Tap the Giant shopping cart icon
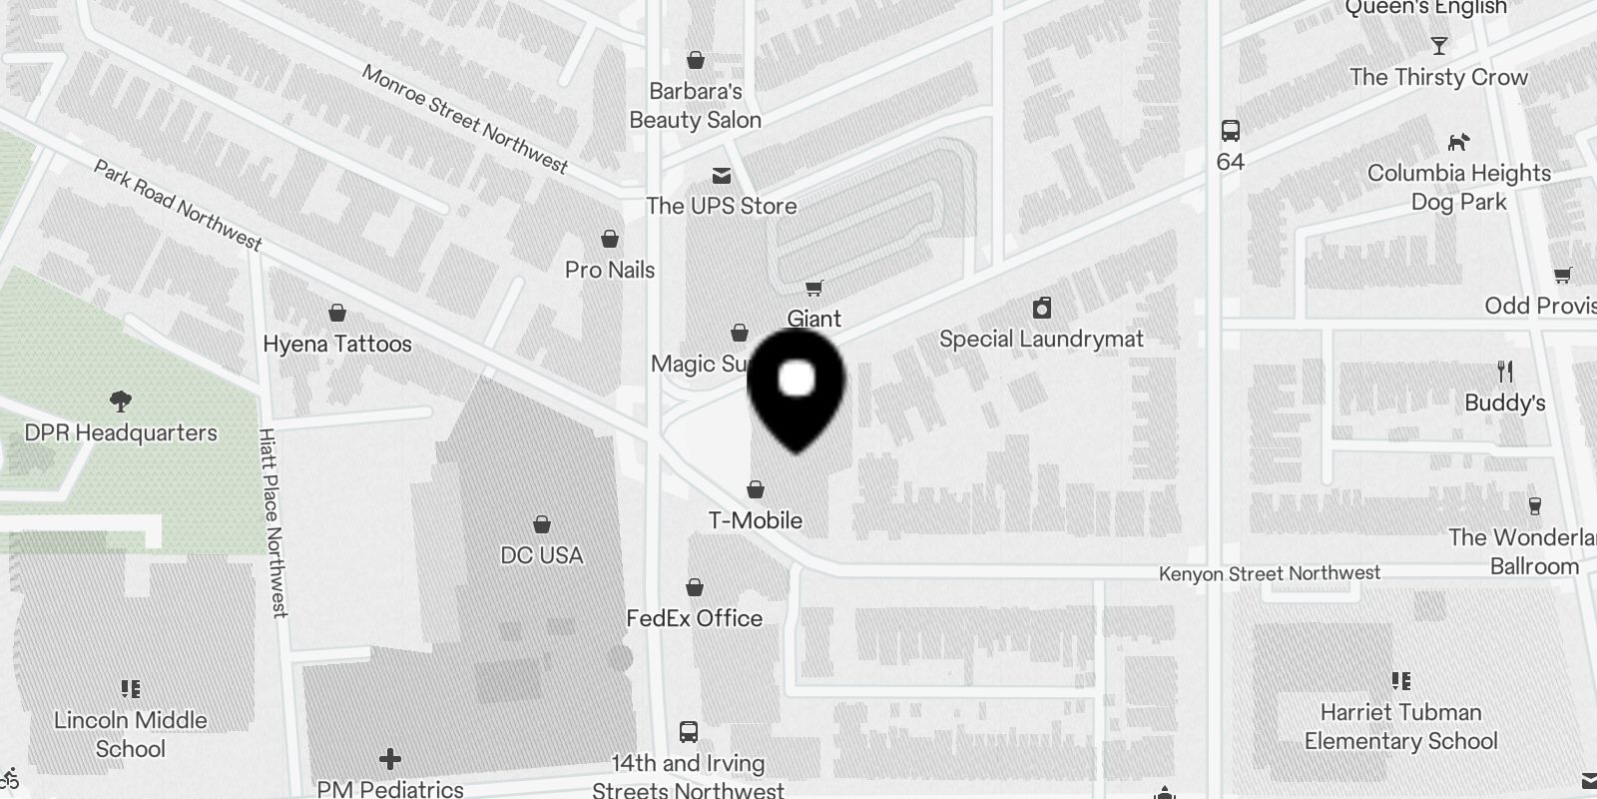click(x=814, y=289)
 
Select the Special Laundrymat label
click(x=1041, y=339)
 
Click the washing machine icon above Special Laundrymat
click(x=1042, y=308)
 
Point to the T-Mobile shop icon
click(x=756, y=489)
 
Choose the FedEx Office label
click(x=694, y=618)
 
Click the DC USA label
click(x=541, y=555)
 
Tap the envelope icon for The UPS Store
click(x=722, y=177)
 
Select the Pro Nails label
click(x=610, y=270)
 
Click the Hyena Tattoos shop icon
click(x=337, y=313)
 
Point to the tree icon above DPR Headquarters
click(x=121, y=401)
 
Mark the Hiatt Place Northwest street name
click(x=272, y=522)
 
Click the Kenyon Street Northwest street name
click(x=1269, y=573)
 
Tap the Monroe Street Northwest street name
click(x=464, y=119)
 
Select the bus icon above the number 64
click(x=1231, y=131)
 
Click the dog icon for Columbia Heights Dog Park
click(x=1458, y=142)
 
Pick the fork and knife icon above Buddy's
click(x=1505, y=373)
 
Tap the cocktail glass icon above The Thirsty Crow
click(x=1438, y=46)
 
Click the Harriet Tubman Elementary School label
click(x=1400, y=726)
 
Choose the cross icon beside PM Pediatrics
click(x=390, y=760)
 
